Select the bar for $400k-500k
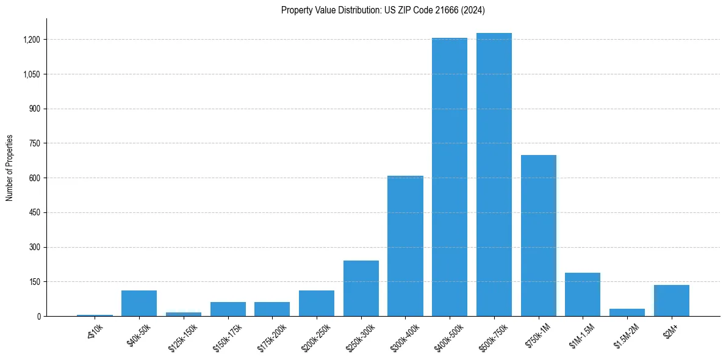[x=450, y=177]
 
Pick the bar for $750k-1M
[x=538, y=236]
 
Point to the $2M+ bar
[x=671, y=300]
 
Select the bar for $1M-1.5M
[x=583, y=294]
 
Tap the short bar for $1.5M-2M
[x=627, y=312]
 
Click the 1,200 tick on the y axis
[x=32, y=40]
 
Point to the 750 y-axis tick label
[x=35, y=143]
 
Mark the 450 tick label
[x=35, y=213]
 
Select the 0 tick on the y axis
[x=38, y=317]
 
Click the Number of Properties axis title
[x=10, y=167]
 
